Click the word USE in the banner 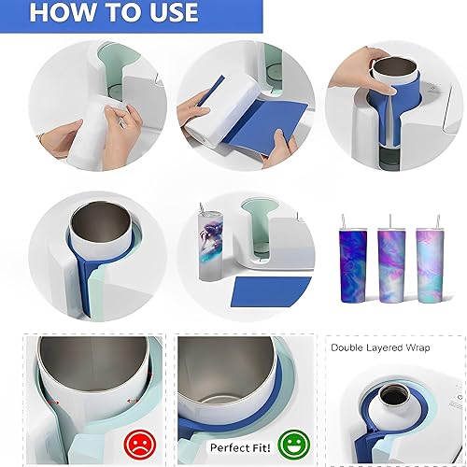(x=171, y=12)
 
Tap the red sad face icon (x=140, y=443)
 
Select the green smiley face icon (x=294, y=444)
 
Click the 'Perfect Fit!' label (x=240, y=447)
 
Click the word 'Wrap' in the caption (x=417, y=348)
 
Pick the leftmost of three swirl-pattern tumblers (x=353, y=265)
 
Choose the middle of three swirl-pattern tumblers (x=391, y=265)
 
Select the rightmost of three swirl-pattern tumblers (x=430, y=265)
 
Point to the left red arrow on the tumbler (x=53, y=403)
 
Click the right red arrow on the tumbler (x=132, y=401)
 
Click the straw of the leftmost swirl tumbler (x=343, y=221)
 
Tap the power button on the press (x=460, y=397)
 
